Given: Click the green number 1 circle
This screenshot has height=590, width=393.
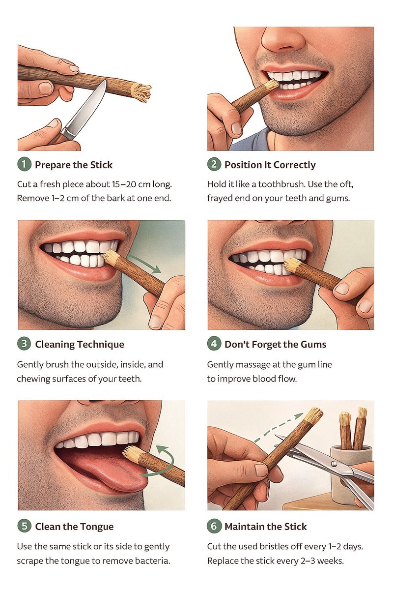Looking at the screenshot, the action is pos(24,164).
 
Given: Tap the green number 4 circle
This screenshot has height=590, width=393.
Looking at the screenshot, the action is pos(214,344).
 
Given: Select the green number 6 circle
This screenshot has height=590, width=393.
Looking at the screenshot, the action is pos(214,526).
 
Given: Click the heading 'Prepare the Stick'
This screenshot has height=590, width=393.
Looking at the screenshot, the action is pos(74,165).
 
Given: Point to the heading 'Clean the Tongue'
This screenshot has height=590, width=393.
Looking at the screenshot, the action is pos(75,527).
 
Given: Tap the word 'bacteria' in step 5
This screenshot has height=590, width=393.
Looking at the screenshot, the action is pos(152,560).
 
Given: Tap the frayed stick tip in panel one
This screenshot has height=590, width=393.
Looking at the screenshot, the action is pos(141,92).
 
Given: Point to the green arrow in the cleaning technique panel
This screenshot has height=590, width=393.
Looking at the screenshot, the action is pos(145,264).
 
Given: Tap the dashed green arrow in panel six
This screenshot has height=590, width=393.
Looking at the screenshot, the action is pos(278,427).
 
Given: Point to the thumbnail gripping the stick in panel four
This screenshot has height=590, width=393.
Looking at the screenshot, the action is pos(342,289).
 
